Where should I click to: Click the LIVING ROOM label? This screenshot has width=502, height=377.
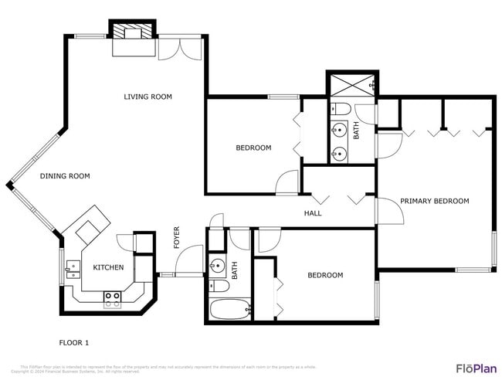pos(148,97)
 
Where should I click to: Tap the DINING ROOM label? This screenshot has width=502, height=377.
pos(65,176)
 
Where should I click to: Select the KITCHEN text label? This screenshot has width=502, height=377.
pos(108,267)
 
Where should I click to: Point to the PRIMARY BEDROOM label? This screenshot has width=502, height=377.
pos(434,201)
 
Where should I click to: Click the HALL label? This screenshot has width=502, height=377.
pos(313,213)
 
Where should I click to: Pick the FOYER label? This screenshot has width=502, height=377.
pos(176,236)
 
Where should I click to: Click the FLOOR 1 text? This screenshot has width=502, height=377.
pos(75,341)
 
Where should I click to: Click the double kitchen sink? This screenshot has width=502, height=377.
pos(73,268)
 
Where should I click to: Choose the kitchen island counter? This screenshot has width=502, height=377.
pos(87,223)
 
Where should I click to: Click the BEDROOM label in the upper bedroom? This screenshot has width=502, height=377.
pos(253,148)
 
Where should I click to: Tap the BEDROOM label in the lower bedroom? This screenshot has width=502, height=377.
pos(325,275)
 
